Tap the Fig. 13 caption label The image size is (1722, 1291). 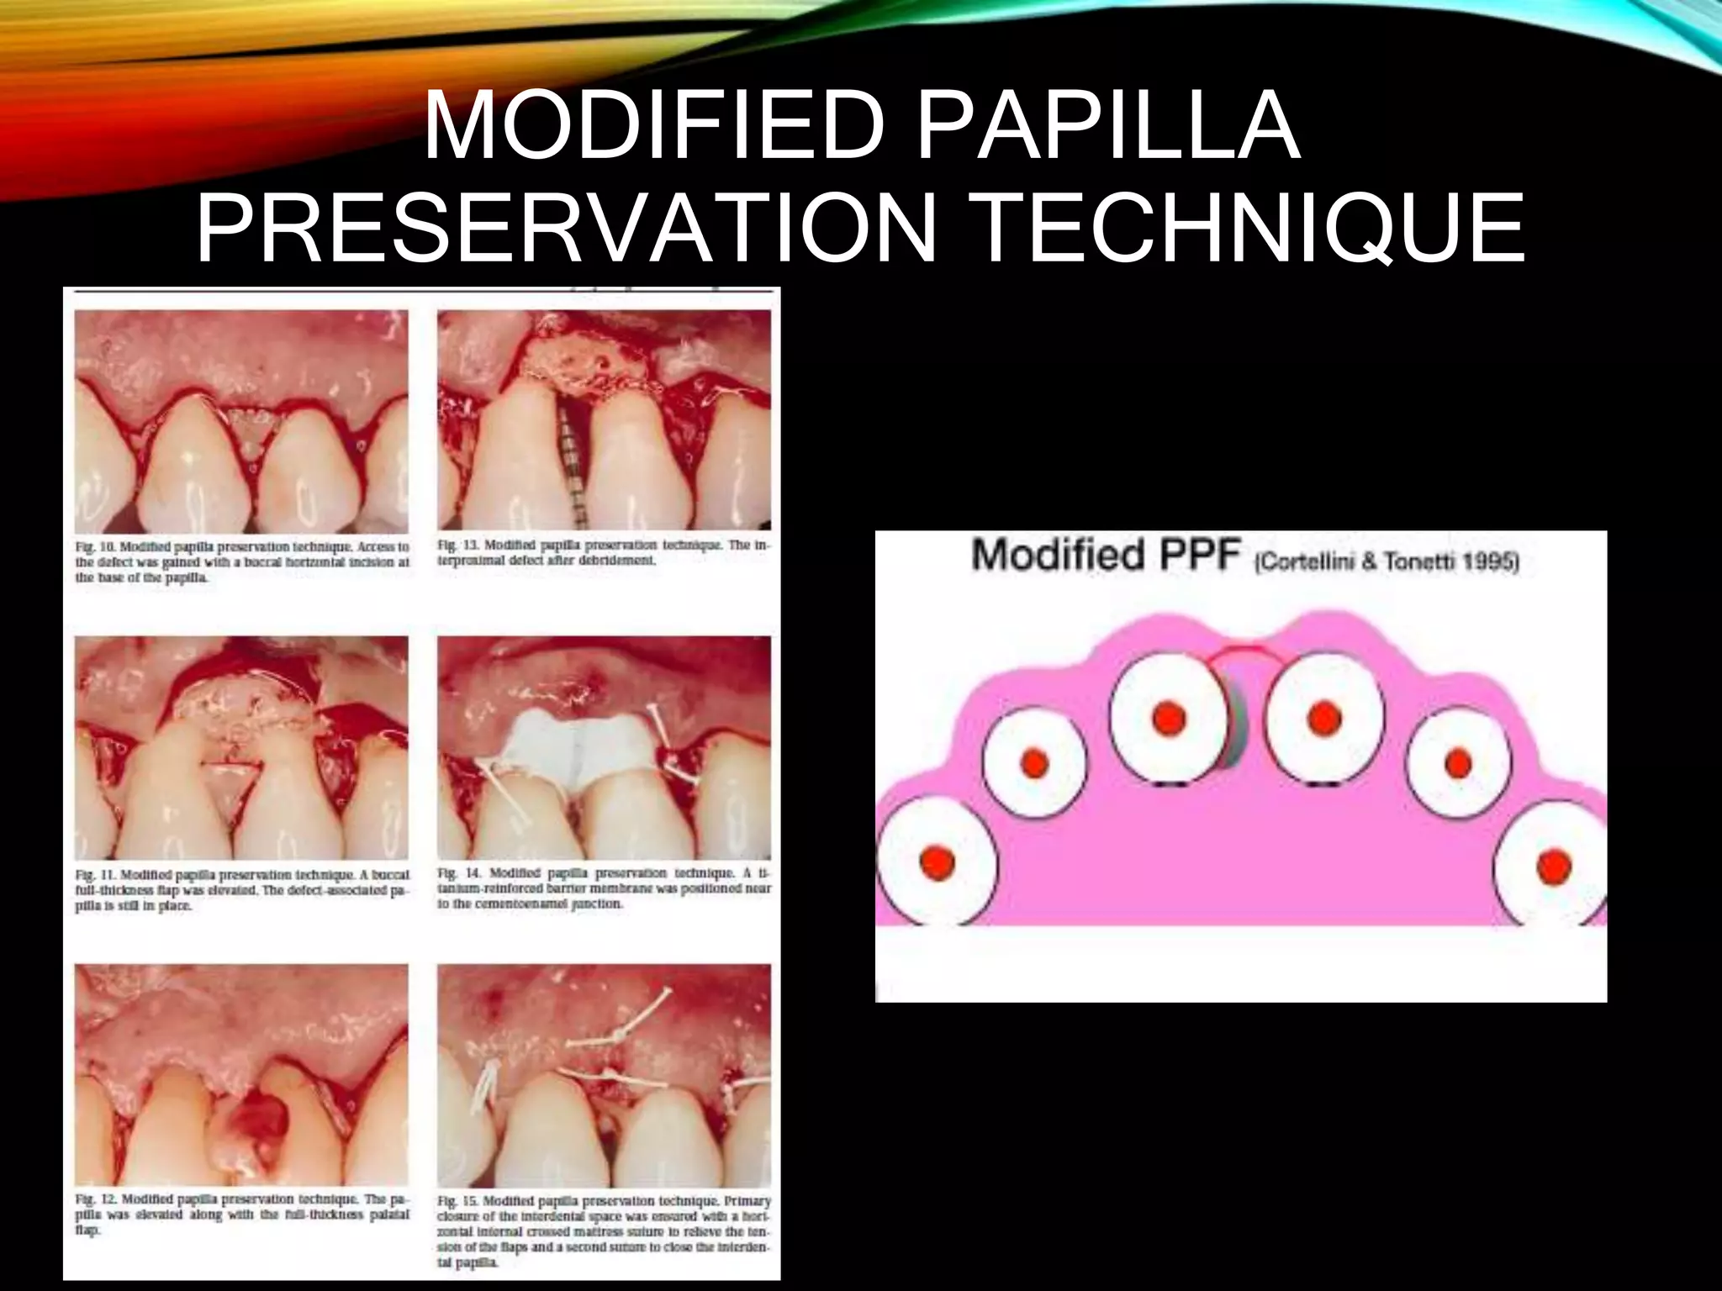point(457,545)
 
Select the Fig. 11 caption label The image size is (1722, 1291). point(95,875)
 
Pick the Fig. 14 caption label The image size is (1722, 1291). point(458,873)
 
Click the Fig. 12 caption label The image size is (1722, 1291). point(95,1199)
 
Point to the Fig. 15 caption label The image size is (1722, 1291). point(458,1201)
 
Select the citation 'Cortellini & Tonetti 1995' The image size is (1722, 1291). point(1386,562)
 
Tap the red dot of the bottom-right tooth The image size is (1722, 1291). point(1552,866)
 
